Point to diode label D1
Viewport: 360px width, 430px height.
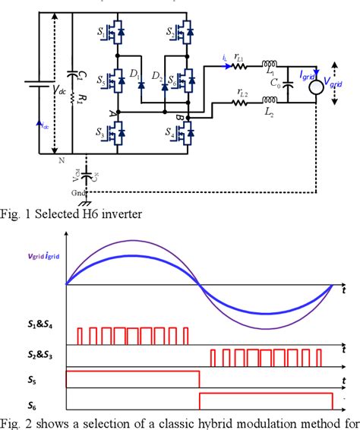[x=135, y=74]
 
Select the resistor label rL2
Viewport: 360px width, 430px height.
[x=243, y=93]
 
